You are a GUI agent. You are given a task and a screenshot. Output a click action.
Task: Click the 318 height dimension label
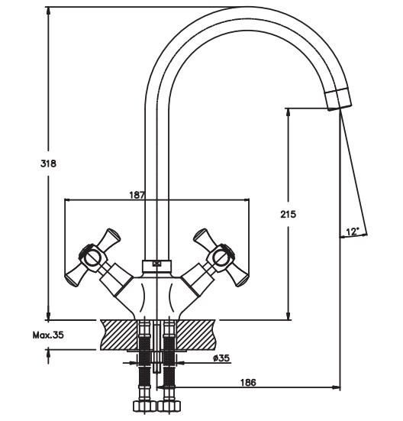48,164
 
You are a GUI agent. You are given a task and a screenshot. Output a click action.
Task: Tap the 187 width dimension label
137,195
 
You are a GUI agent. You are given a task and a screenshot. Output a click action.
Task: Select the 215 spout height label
289,214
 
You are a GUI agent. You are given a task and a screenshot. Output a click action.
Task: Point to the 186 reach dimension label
248,382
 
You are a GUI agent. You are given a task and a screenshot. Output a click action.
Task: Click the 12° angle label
353,232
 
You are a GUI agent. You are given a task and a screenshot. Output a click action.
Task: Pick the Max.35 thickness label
48,335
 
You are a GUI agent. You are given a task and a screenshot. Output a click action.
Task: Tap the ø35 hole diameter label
221,358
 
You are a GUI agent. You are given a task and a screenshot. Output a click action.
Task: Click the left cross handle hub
92,257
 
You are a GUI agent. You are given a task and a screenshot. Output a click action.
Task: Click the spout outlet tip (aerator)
338,99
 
